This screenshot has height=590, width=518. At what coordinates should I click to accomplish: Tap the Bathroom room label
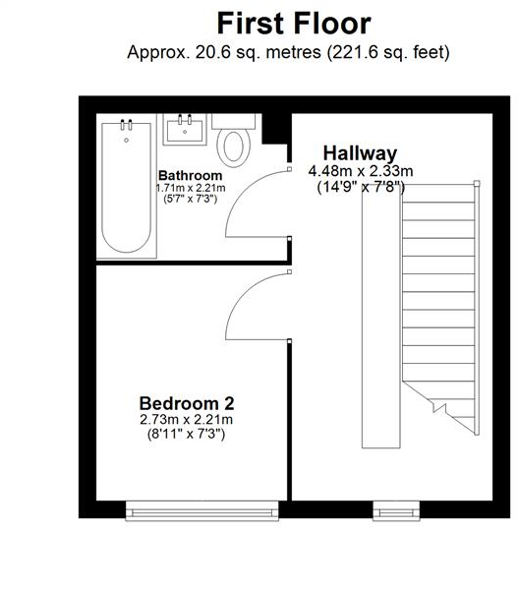click(x=192, y=174)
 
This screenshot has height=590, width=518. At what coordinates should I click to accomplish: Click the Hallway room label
click(x=361, y=152)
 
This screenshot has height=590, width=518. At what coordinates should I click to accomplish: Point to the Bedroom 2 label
click(x=186, y=403)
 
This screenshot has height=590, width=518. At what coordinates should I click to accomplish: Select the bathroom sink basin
click(x=184, y=130)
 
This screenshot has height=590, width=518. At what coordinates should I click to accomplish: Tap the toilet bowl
click(x=234, y=147)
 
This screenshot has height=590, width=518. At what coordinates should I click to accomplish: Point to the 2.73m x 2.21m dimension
click(x=186, y=420)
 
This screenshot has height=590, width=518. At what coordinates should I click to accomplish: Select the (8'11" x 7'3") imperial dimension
click(x=186, y=434)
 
